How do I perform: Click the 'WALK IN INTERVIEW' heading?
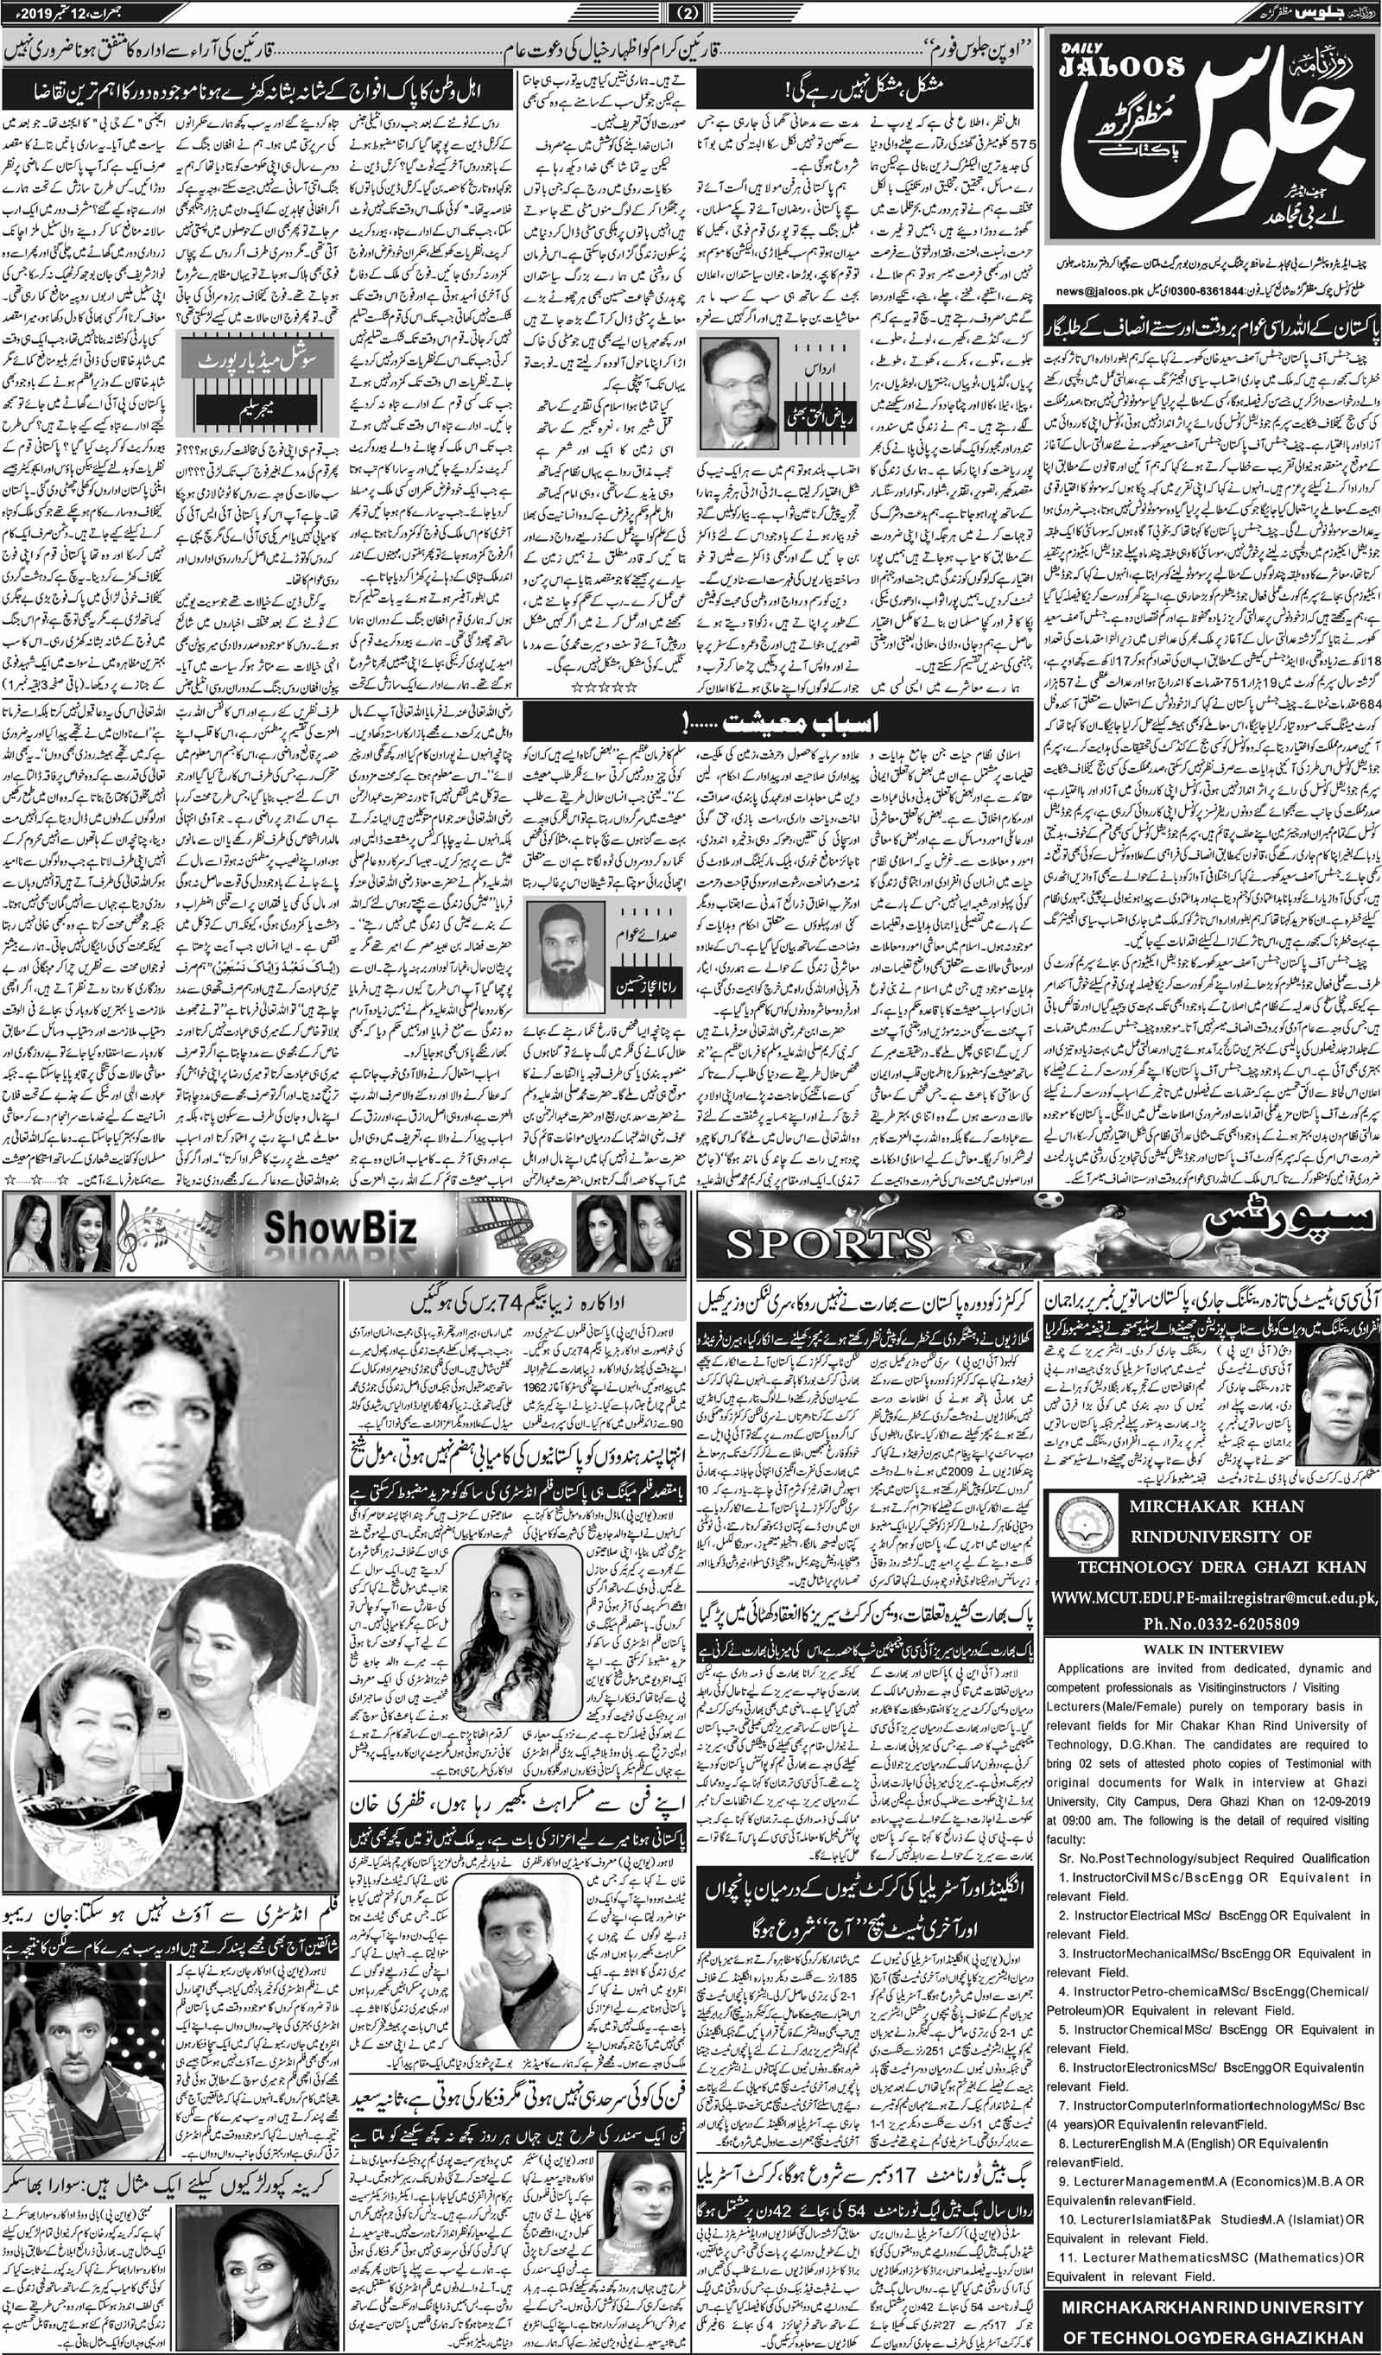coord(1214,1930)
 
